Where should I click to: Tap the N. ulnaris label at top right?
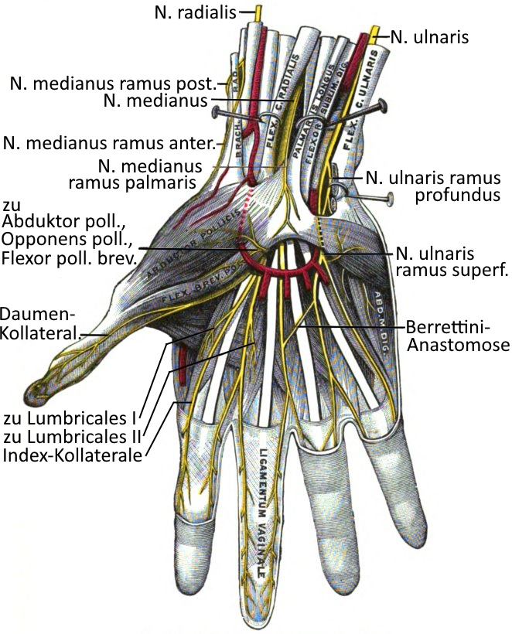[x=429, y=35]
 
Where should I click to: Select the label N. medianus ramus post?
[x=113, y=83]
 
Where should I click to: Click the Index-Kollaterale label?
[x=73, y=456]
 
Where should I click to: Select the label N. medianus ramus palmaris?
[x=151, y=174]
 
